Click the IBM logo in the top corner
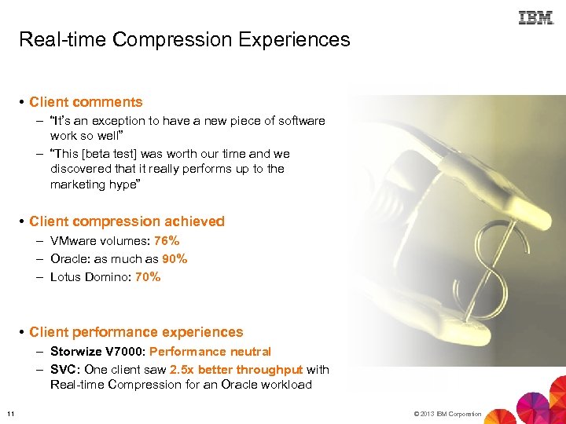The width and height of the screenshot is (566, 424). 536,17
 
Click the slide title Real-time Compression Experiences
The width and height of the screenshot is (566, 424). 184,39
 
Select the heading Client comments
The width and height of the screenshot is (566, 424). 86,102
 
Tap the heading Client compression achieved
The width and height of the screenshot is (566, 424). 127,221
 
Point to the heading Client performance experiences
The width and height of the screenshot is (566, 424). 136,332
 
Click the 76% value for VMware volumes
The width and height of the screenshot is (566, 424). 167,241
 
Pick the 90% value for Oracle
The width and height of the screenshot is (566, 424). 175,258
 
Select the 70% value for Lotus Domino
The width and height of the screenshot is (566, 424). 148,276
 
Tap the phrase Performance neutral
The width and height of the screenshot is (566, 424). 210,352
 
